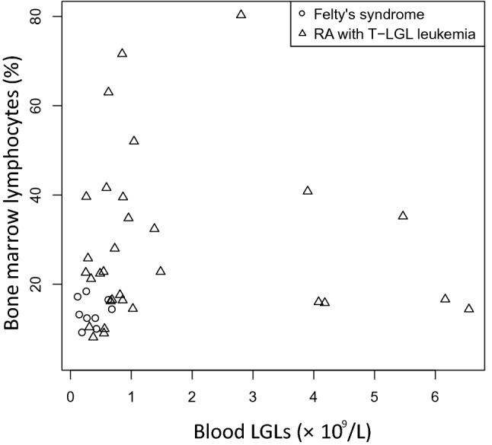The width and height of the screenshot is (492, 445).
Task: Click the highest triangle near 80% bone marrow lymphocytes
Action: tap(241, 14)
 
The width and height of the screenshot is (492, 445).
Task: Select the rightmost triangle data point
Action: tap(469, 308)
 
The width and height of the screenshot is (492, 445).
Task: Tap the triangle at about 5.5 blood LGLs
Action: tap(403, 215)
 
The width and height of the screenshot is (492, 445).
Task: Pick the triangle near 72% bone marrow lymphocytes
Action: tap(122, 53)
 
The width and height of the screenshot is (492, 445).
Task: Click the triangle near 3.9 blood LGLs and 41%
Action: tap(308, 190)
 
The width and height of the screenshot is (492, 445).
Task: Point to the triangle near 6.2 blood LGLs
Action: tap(445, 298)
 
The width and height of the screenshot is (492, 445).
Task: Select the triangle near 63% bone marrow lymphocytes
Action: tap(109, 91)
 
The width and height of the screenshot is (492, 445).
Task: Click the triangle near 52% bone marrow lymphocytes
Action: tap(134, 141)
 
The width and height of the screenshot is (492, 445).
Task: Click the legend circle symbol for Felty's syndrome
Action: tap(302, 14)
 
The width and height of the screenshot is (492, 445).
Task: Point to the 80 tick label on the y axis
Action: tap(36, 16)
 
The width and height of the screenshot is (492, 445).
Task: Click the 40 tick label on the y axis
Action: tap(36, 195)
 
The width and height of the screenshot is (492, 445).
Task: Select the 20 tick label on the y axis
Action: tap(36, 284)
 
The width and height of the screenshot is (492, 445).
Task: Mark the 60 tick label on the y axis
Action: tap(36, 105)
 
